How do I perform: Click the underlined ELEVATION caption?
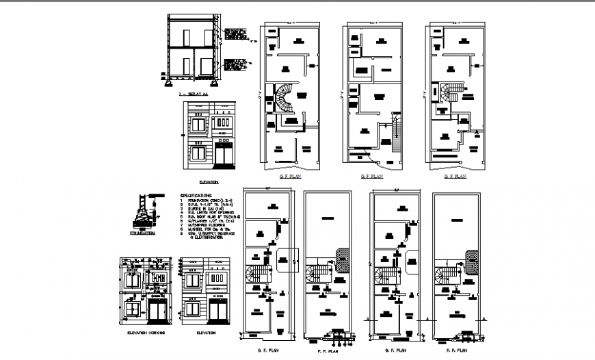tap(209, 182)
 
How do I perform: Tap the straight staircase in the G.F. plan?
tap(395, 132)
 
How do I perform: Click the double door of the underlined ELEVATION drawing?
tap(223, 157)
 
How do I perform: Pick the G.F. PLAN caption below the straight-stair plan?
tap(373, 177)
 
